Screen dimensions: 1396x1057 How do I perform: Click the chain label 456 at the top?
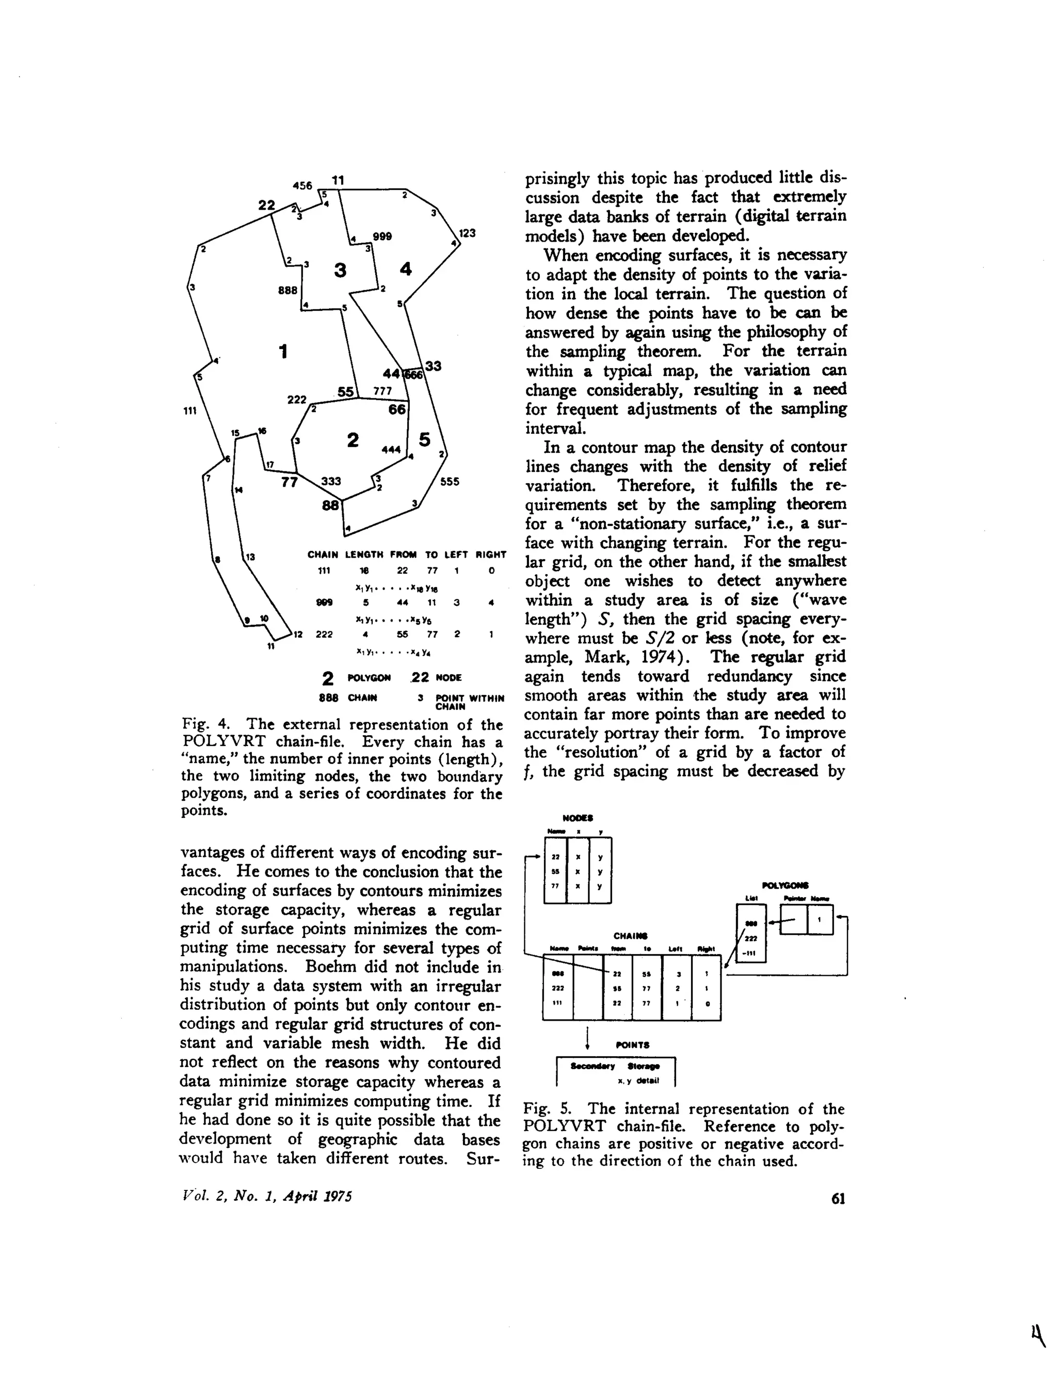tap(302, 185)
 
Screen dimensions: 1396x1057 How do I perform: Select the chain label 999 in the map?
tap(382, 236)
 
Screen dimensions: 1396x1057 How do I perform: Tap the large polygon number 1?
tap(283, 351)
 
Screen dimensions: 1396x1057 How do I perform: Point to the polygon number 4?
tap(406, 269)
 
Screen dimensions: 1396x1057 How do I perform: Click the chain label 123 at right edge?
tap(467, 233)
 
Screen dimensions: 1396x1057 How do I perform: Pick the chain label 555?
tap(450, 482)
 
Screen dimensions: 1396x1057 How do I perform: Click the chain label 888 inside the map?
tap(288, 290)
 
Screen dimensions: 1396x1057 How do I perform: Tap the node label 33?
tap(433, 366)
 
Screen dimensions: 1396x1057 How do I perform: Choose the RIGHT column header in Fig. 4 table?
tap(491, 555)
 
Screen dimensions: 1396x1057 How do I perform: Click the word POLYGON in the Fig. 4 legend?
tap(369, 678)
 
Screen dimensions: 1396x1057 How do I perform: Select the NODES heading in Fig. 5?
tap(578, 818)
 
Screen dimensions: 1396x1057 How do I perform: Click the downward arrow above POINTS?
tap(588, 1036)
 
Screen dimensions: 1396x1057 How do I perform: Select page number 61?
tap(838, 1200)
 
